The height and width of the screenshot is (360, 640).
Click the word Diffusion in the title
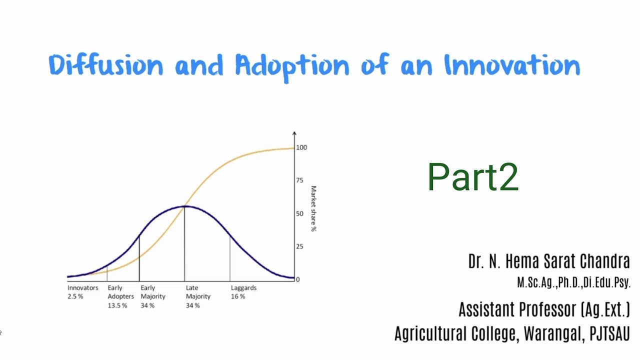tap(106, 65)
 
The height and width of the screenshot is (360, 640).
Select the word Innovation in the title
tap(512, 65)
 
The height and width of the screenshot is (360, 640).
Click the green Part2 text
tap(473, 177)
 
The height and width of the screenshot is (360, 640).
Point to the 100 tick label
tap(301, 147)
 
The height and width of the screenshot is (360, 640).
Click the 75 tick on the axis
tap(299, 180)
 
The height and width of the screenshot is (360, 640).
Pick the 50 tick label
tap(299, 213)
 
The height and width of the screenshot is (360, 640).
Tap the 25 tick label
tap(299, 246)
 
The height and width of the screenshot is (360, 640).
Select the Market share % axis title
tap(313, 208)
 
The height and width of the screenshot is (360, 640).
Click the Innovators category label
tap(83, 288)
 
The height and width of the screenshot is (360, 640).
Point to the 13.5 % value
tap(117, 305)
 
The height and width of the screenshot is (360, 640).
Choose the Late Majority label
tap(198, 292)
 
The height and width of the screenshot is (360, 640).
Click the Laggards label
tap(243, 288)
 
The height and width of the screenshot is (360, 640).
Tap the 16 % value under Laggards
tap(238, 296)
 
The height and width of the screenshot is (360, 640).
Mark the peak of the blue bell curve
tap(184, 206)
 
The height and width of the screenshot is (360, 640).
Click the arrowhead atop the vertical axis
tap(294, 133)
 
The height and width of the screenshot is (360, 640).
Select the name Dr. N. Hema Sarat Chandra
tap(548, 261)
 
